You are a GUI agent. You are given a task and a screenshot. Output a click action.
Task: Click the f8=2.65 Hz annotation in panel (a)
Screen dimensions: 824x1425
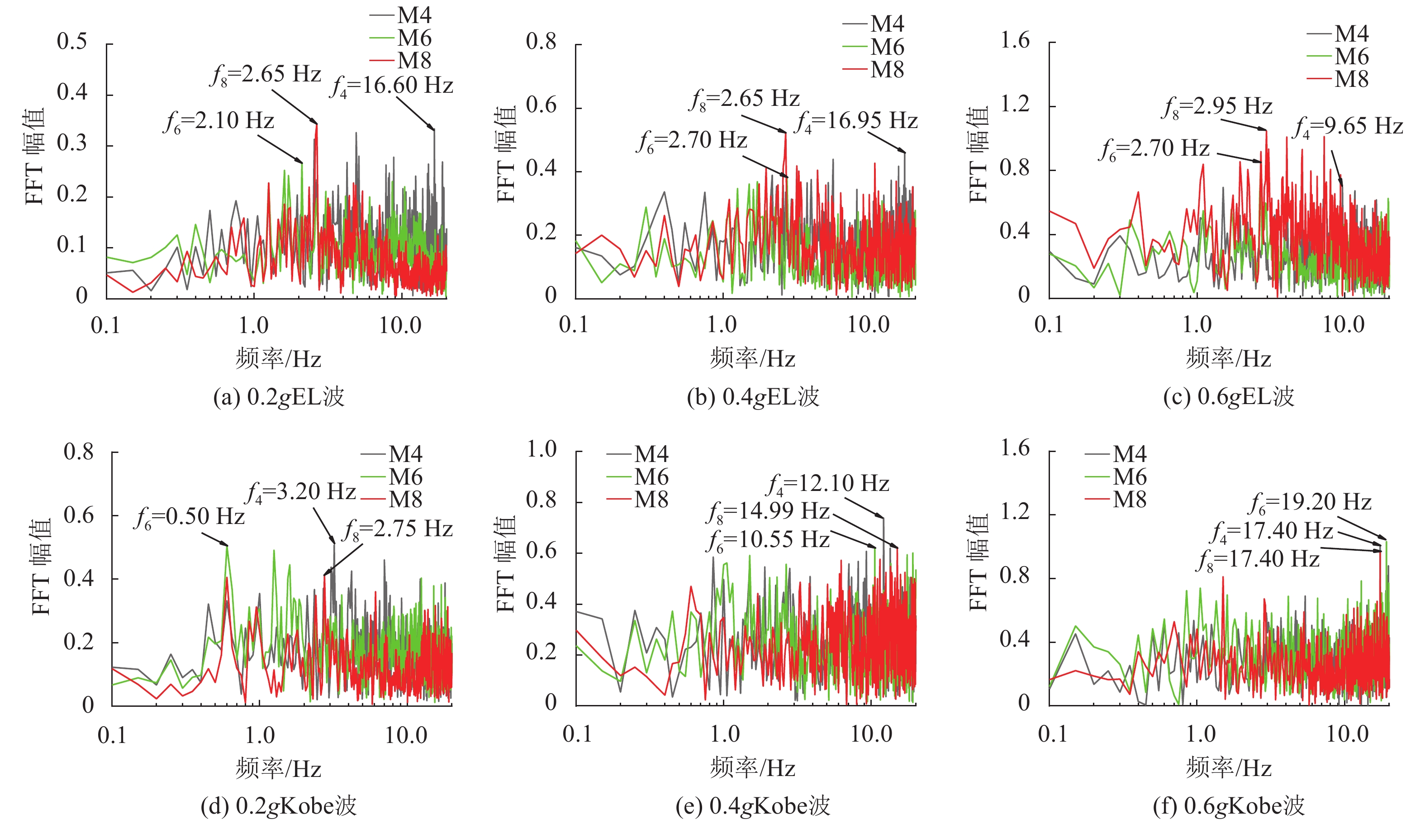266,75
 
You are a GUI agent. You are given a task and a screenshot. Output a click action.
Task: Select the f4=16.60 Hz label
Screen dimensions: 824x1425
391,86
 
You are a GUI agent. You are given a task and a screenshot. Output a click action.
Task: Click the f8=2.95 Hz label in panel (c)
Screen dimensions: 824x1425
1217,107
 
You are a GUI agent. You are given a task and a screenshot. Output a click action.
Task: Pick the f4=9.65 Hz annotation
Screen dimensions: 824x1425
1348,127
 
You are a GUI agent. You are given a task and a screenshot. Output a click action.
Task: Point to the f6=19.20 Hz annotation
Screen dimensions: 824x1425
1310,503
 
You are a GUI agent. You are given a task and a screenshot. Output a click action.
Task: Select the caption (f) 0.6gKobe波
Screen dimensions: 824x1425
1228,806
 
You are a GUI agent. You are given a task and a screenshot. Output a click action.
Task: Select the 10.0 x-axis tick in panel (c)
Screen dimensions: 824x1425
1343,325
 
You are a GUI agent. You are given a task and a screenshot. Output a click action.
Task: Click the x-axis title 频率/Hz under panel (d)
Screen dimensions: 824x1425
279,769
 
